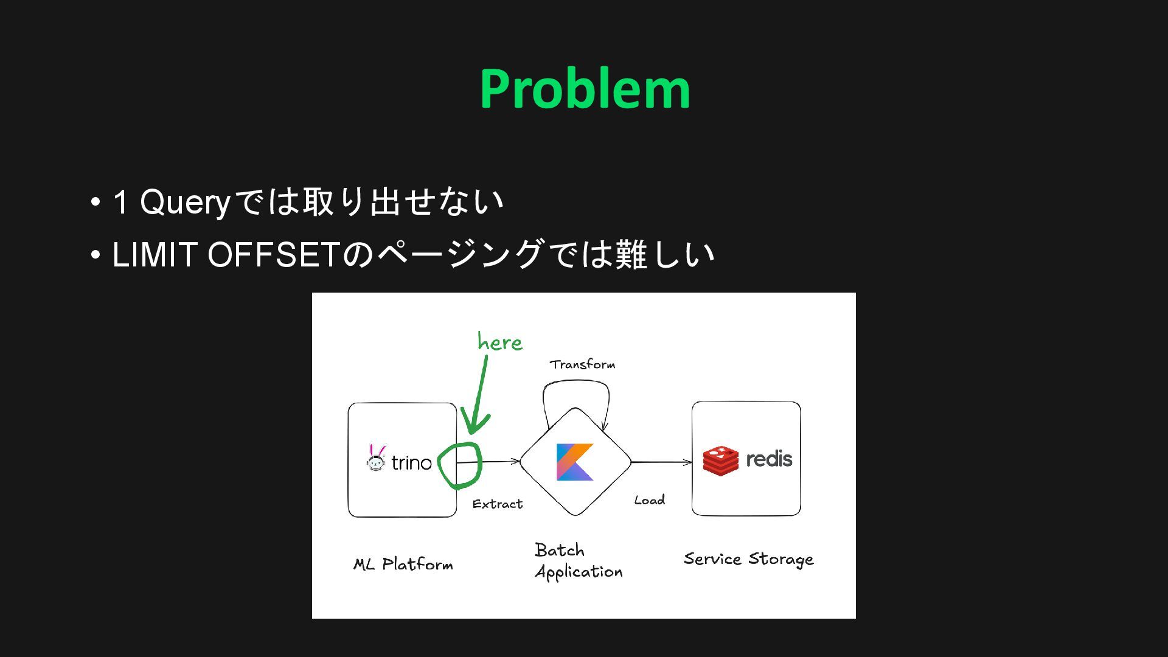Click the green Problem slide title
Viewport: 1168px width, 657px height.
click(585, 89)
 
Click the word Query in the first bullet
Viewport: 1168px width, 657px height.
click(185, 203)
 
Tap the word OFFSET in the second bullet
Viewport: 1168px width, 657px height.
click(273, 255)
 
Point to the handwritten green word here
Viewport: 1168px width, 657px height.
click(499, 342)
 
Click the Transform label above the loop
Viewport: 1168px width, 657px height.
click(582, 364)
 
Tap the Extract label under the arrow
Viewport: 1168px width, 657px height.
click(497, 504)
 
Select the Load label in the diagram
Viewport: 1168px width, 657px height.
click(649, 500)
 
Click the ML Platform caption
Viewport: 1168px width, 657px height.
click(403, 565)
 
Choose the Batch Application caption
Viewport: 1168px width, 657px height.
click(578, 561)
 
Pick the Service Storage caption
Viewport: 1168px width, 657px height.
click(748, 559)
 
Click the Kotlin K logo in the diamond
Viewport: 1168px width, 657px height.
click(574, 462)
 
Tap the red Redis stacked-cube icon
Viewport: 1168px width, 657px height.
click(720, 461)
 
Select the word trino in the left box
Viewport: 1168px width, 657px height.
click(411, 463)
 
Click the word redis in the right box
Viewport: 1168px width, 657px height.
click(769, 459)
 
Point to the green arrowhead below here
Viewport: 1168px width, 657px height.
click(474, 425)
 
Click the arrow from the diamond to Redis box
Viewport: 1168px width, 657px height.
click(661, 462)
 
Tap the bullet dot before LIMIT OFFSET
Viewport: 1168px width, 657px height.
click(95, 255)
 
